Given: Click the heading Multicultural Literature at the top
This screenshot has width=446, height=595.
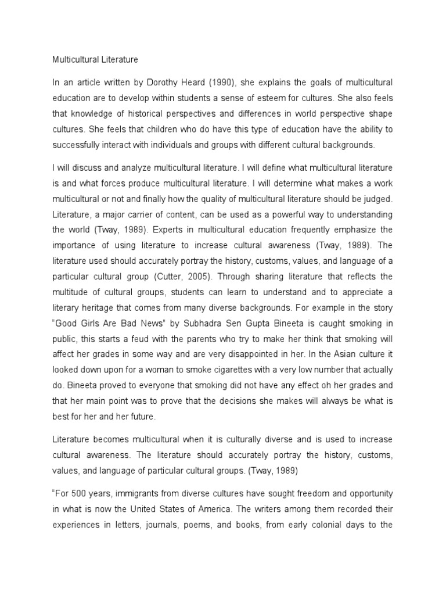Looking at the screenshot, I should point(95,59).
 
